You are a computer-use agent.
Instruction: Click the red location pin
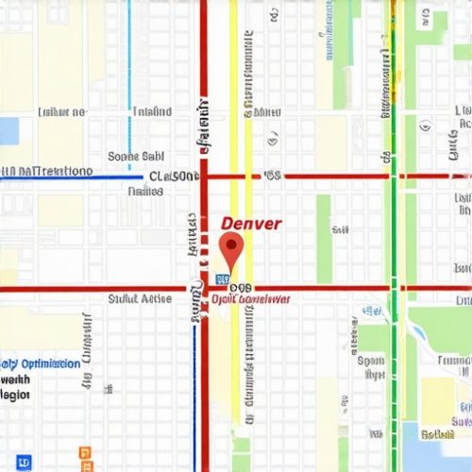pyautogui.click(x=231, y=250)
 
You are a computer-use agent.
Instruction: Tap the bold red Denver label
pyautogui.click(x=251, y=224)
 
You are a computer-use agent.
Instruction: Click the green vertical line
pyautogui.click(x=392, y=236)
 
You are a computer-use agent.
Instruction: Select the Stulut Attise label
pyautogui.click(x=140, y=298)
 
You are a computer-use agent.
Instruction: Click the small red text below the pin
pyautogui.click(x=251, y=299)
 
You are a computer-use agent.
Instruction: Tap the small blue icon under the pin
pyautogui.click(x=223, y=280)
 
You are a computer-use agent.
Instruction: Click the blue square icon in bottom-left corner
pyautogui.click(x=24, y=462)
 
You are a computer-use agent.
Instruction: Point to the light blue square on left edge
pyautogui.click(x=8, y=130)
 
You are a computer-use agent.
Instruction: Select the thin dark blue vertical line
pyautogui.click(x=196, y=396)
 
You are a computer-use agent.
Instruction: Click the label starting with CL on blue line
pyautogui.click(x=173, y=177)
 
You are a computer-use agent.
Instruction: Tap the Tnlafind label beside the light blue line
pyautogui.click(x=152, y=112)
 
